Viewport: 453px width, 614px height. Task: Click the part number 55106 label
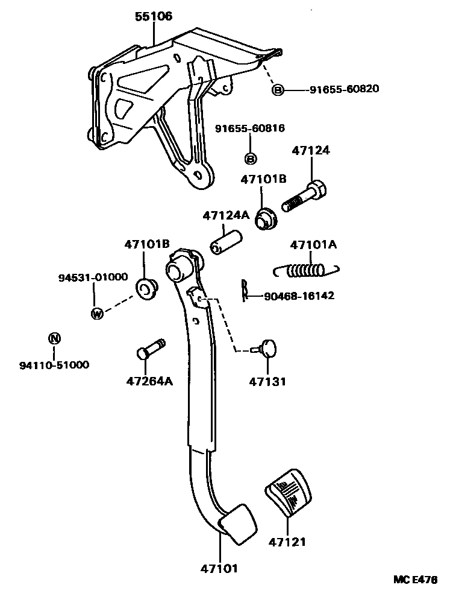click(153, 16)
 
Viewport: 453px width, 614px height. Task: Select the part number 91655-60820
click(344, 89)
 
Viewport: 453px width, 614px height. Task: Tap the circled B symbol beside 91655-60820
click(278, 90)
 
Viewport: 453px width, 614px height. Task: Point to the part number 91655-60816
click(250, 128)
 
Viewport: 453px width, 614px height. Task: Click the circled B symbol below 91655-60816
click(251, 159)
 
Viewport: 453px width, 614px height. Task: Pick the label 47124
click(311, 150)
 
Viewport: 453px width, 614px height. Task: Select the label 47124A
click(226, 215)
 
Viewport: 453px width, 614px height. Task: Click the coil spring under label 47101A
click(307, 270)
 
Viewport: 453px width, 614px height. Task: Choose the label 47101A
click(313, 245)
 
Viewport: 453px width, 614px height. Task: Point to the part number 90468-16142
click(299, 296)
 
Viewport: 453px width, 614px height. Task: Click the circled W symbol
click(96, 313)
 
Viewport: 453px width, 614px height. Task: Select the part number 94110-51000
click(54, 364)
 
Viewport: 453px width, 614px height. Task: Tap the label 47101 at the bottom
click(219, 568)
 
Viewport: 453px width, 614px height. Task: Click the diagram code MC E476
click(415, 580)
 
